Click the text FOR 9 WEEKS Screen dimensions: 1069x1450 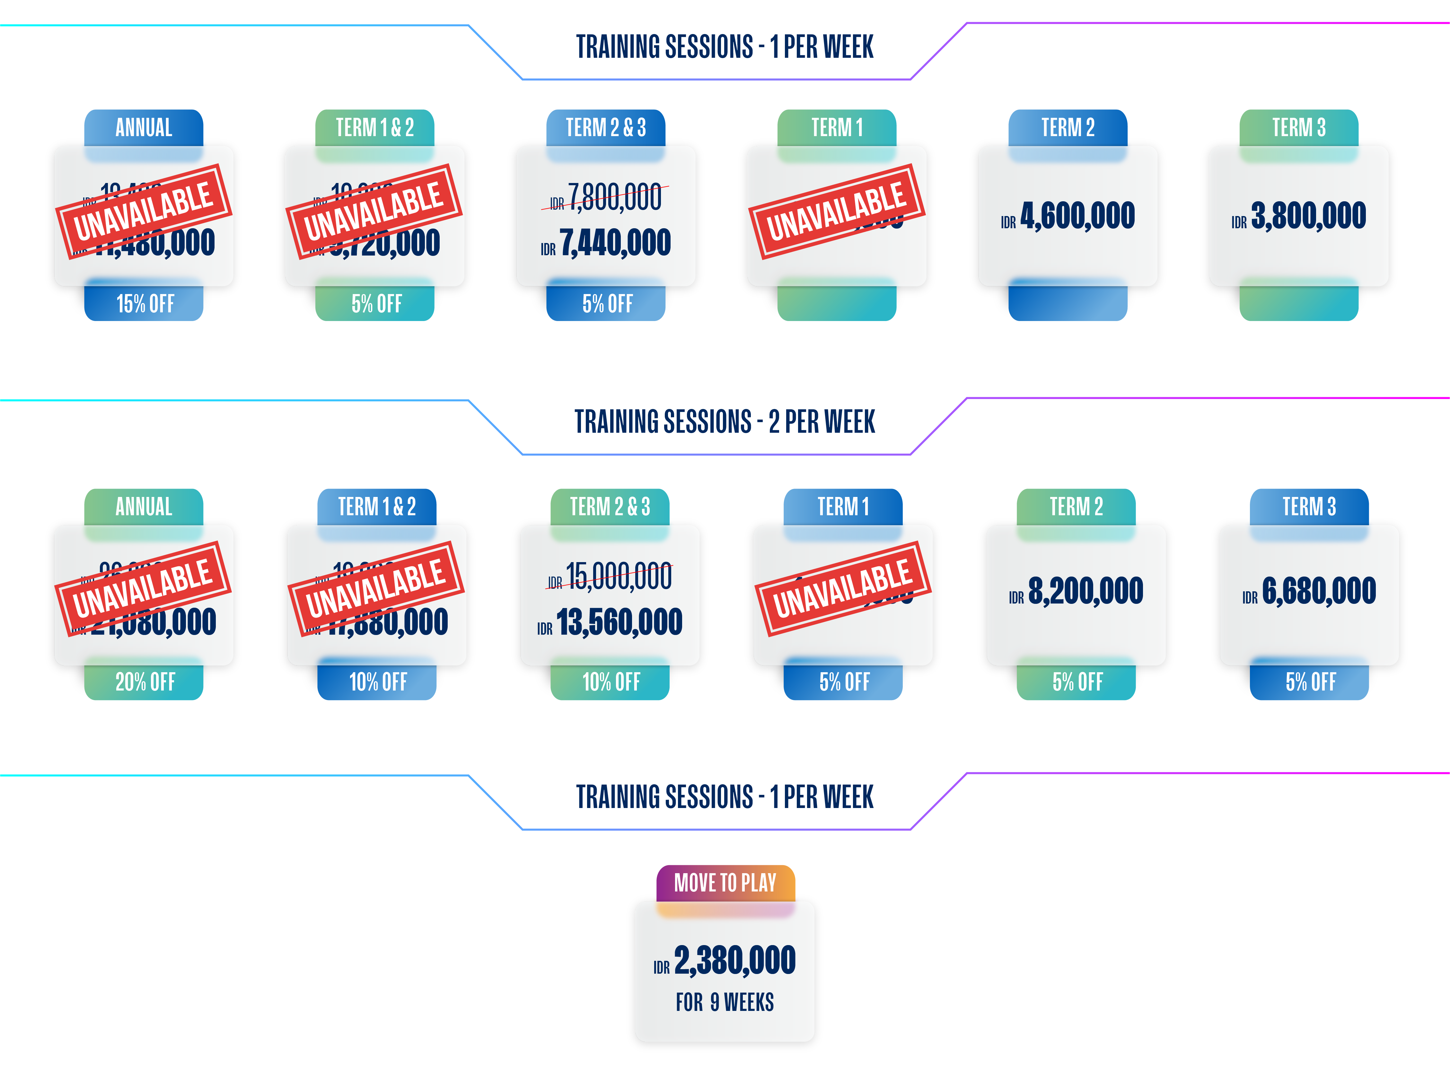coord(725,1002)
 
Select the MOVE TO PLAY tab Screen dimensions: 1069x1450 coord(725,882)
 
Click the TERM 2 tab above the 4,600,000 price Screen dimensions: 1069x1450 coord(1068,127)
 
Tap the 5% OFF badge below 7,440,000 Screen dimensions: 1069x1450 coord(607,303)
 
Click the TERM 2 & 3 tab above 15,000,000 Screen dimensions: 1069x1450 coord(610,506)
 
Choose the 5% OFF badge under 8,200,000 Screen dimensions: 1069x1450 coord(1077,682)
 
